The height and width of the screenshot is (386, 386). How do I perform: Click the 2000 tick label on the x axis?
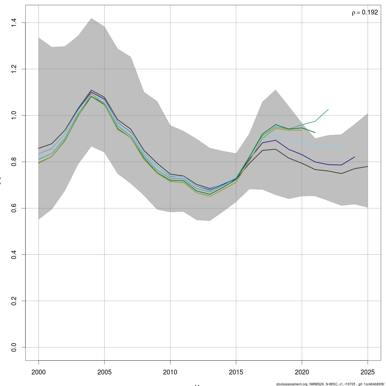[39, 372]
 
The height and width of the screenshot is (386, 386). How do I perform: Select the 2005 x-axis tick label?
[104, 372]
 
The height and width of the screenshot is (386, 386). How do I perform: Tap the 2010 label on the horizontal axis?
[170, 372]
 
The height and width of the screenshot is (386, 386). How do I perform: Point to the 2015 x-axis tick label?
[236, 372]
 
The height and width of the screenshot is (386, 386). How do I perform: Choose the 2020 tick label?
[302, 372]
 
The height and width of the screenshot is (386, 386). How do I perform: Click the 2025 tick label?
[368, 372]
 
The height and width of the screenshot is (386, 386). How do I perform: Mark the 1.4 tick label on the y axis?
[14, 23]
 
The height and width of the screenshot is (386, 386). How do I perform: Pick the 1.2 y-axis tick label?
[14, 69]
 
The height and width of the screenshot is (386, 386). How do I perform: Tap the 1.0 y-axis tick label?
[14, 115]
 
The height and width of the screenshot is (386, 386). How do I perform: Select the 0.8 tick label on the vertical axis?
[14, 162]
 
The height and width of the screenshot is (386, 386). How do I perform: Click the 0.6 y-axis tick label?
[14, 208]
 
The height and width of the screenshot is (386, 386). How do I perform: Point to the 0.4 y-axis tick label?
[14, 254]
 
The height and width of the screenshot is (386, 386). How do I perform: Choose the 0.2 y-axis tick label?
[14, 301]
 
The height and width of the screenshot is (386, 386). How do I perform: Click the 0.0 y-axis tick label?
[14, 347]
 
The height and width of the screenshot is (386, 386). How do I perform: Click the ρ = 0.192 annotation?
[365, 13]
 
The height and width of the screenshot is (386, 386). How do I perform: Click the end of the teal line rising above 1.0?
[328, 109]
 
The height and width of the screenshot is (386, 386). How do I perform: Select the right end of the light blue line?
[341, 146]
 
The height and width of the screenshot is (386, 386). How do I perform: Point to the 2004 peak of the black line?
[91, 90]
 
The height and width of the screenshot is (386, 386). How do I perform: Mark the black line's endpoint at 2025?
[368, 166]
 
